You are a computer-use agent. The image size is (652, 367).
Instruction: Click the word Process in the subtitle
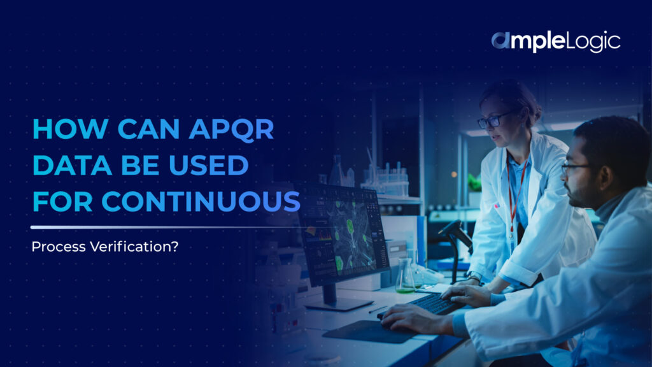pos(53,245)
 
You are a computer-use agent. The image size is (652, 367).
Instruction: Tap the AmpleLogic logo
pos(555,42)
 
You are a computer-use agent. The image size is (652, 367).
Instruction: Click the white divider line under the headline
pos(159,227)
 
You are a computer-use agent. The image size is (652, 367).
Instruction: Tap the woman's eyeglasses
pos(493,120)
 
